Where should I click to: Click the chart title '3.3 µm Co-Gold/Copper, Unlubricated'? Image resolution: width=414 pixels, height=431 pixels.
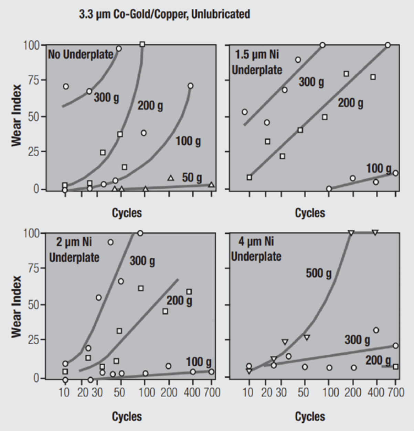164,14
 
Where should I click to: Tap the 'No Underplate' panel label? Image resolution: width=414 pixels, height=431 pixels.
81,54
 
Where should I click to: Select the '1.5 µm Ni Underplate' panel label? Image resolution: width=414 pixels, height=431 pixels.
257,62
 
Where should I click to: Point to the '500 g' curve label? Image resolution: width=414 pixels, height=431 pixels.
319,274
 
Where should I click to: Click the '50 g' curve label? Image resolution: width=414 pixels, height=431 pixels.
192,178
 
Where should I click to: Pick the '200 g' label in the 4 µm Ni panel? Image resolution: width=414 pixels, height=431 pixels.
378,360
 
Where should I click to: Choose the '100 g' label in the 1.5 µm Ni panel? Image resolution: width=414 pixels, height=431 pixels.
379,168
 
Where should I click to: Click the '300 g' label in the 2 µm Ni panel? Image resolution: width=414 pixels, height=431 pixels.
142,261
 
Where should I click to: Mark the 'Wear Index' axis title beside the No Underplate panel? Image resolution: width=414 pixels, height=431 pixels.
16,115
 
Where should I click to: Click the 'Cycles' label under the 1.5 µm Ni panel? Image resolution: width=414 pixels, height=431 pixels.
310,213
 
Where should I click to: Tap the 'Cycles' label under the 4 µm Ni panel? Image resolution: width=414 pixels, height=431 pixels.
310,417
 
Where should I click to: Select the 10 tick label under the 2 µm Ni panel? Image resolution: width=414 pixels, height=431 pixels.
64,392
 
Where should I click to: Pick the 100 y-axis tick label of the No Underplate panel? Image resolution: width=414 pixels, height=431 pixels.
31,45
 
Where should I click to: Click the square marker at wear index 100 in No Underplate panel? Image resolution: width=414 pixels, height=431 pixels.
142,44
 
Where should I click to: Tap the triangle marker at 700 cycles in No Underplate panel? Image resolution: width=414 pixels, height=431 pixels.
211,185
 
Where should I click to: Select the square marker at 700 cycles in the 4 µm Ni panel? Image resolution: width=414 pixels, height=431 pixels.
395,367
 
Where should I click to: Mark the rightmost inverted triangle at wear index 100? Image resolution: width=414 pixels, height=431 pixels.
375,233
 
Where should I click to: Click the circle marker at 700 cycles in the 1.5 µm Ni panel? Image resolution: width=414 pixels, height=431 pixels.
395,173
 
